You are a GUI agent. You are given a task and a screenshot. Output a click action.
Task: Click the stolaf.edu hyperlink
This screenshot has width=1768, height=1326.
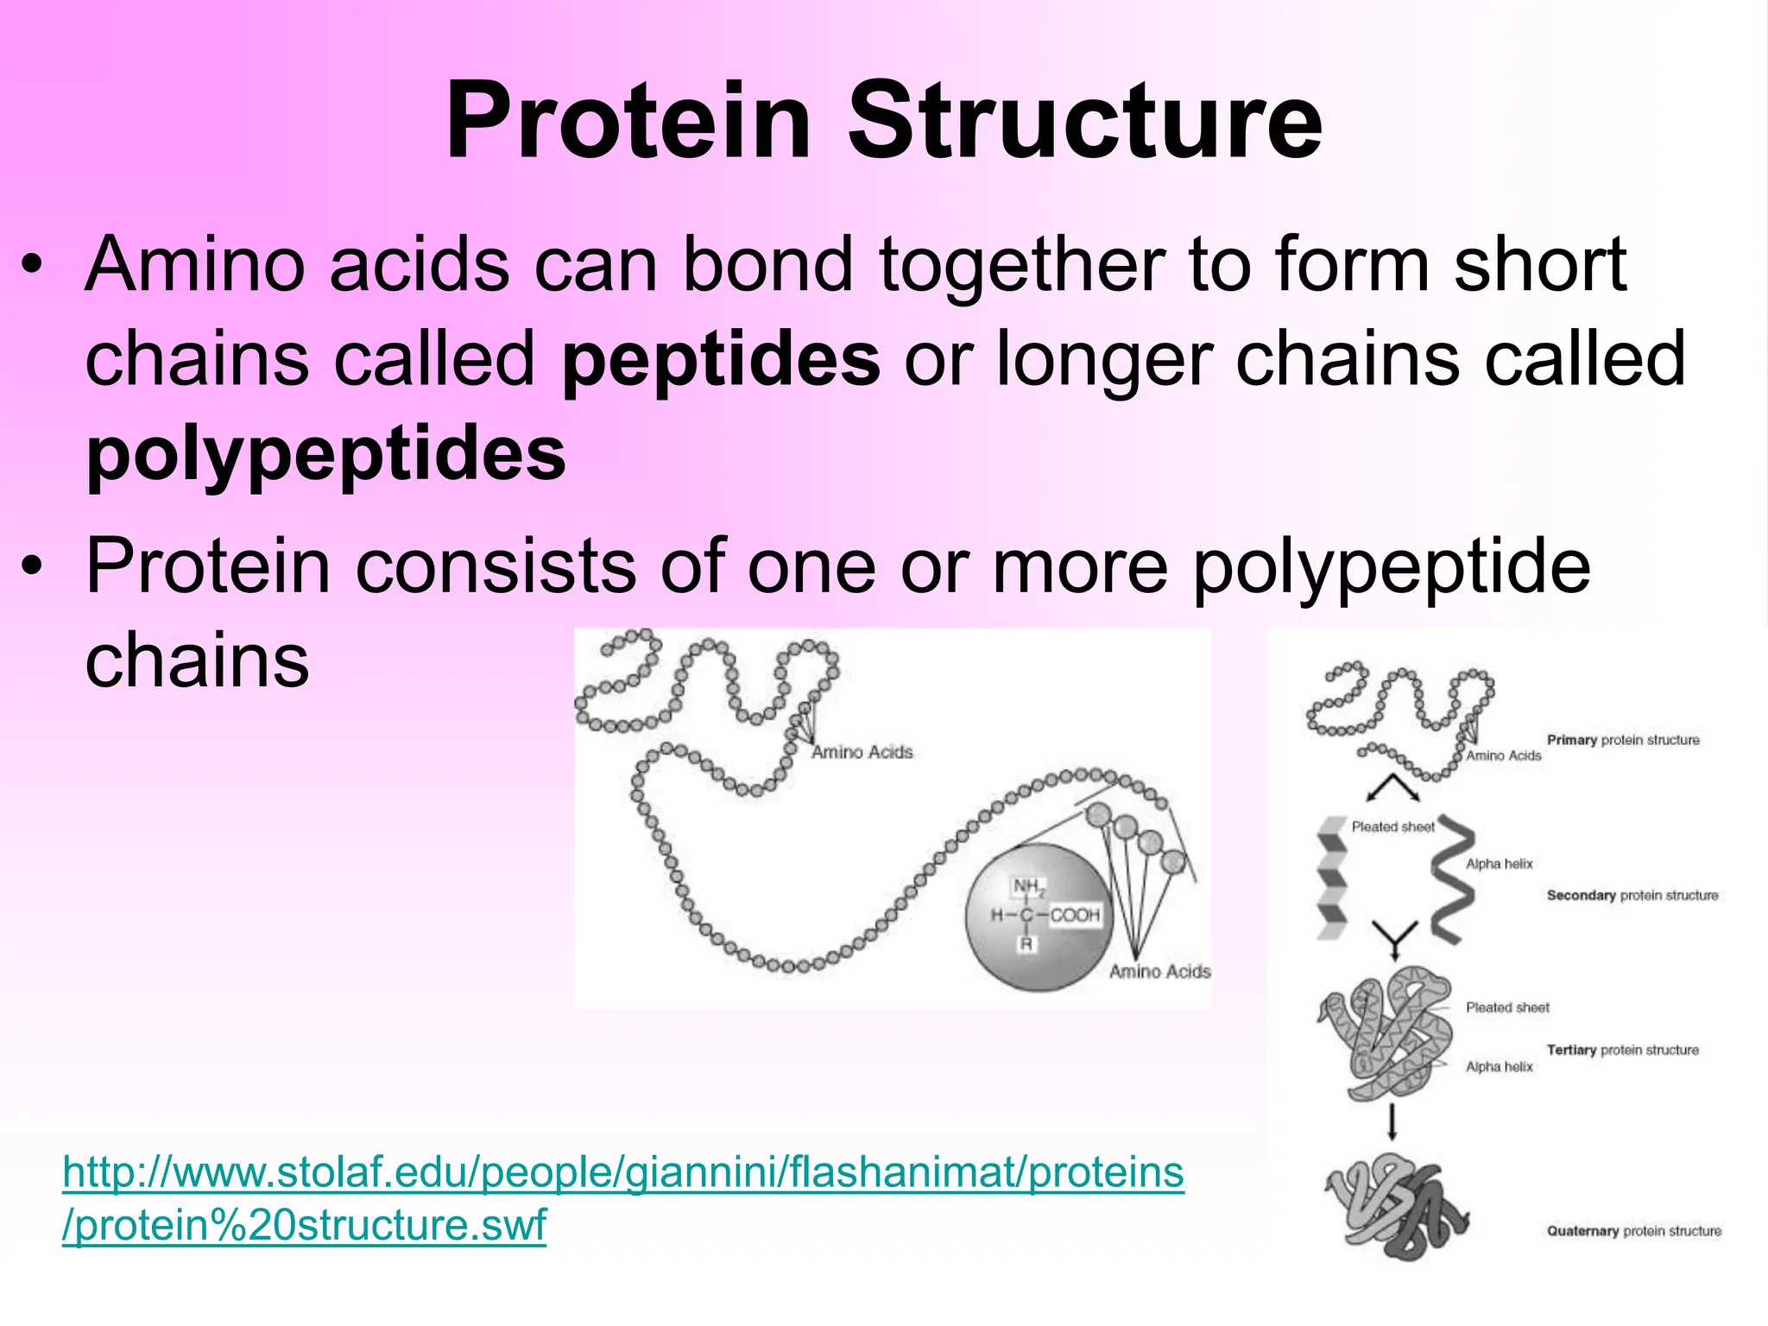click(x=622, y=1198)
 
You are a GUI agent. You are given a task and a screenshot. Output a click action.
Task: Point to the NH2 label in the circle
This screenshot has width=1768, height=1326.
click(x=1028, y=887)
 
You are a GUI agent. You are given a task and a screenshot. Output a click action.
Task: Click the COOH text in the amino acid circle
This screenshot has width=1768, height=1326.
click(x=1075, y=915)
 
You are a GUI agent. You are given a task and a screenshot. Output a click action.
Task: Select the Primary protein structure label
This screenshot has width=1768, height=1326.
click(x=1623, y=740)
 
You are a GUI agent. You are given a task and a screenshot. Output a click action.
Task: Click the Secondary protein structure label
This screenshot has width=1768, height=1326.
click(x=1632, y=895)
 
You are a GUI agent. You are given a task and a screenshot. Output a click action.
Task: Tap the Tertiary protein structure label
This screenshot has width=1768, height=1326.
click(x=1622, y=1050)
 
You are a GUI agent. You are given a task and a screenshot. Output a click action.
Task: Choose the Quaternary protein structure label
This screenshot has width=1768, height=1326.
click(x=1633, y=1231)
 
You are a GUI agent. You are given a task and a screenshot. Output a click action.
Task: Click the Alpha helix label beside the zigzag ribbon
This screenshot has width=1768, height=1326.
click(x=1499, y=863)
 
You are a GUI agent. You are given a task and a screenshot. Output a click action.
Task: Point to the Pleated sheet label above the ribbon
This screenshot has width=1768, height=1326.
click(x=1392, y=827)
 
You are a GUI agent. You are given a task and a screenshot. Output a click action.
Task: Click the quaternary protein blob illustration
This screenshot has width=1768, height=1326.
click(x=1394, y=1209)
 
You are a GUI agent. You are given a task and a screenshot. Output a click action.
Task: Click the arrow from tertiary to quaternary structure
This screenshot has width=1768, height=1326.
click(x=1392, y=1121)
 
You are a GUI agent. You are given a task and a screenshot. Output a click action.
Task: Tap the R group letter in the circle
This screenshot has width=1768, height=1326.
click(x=1026, y=944)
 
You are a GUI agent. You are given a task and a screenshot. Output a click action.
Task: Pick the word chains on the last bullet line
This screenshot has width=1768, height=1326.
click(x=197, y=660)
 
